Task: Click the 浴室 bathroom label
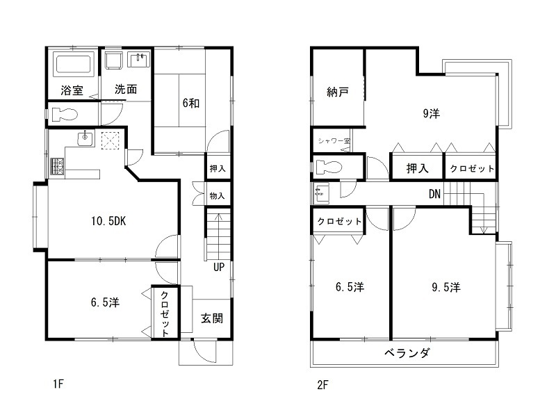(72, 90)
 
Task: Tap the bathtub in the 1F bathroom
(73, 65)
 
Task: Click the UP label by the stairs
(218, 268)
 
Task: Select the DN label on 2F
(434, 194)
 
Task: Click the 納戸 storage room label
(338, 92)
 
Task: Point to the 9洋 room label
(431, 113)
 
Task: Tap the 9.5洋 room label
(445, 286)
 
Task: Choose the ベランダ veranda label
(407, 353)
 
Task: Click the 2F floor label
(322, 384)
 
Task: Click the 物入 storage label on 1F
(217, 195)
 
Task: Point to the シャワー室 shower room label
(334, 141)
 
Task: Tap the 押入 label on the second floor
(417, 168)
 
